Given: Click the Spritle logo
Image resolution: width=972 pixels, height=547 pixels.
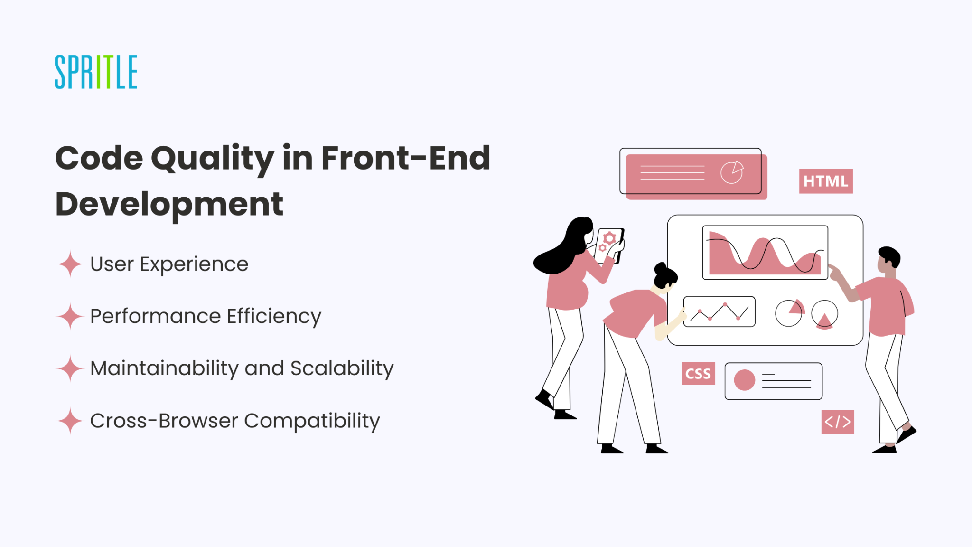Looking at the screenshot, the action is [x=96, y=72].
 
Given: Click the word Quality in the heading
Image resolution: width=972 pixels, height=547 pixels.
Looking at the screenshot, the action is [x=212, y=159].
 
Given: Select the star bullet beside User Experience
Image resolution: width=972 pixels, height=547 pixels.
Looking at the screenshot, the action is [x=70, y=264].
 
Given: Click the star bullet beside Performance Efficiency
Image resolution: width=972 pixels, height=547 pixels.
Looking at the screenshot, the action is [x=70, y=316].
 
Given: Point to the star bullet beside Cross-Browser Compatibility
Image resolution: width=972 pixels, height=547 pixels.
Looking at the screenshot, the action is [x=70, y=421].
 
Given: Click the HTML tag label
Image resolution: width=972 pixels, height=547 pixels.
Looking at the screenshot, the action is [x=826, y=181].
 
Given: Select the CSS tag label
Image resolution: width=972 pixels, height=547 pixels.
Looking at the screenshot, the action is [x=698, y=374].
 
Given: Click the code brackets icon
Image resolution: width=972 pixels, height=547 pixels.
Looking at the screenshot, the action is [x=838, y=422].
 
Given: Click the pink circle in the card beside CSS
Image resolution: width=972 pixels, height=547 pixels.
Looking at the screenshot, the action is [x=744, y=380].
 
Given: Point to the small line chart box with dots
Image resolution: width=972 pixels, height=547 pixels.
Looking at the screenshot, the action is [x=719, y=311].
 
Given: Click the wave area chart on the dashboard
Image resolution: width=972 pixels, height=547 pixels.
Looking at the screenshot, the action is [x=765, y=253].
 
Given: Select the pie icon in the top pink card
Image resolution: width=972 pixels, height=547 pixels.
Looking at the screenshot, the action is [x=732, y=172].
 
